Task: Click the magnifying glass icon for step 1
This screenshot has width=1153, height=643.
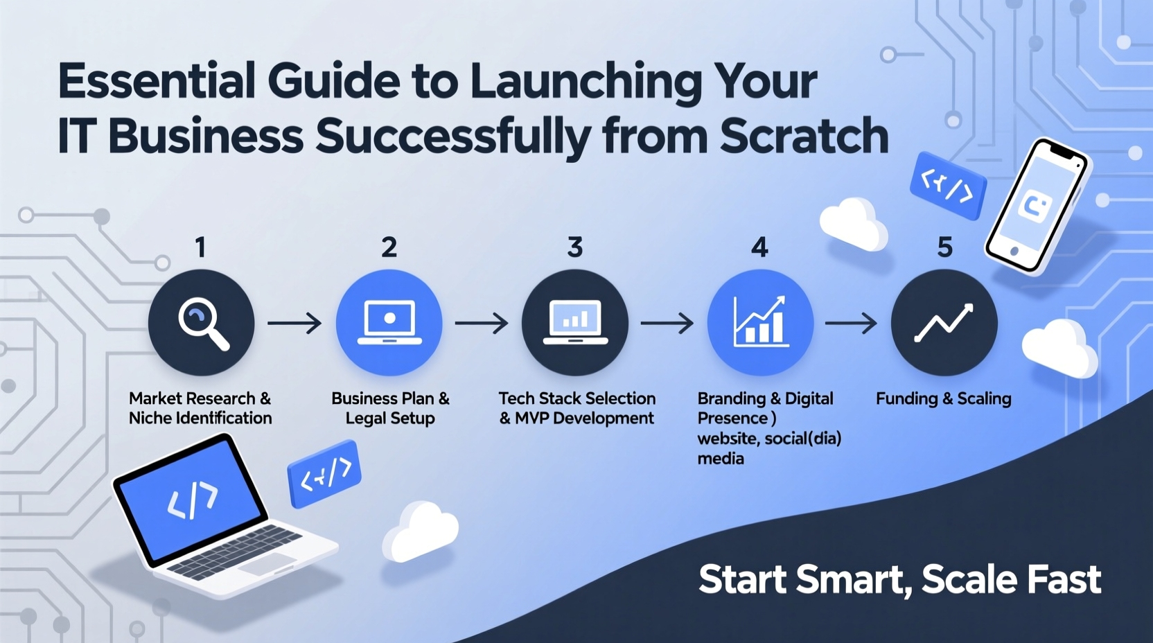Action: [202, 322]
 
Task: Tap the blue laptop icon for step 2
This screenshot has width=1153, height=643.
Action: [389, 322]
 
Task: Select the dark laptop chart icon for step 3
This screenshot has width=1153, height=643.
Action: [575, 322]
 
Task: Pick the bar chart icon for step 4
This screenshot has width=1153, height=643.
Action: [760, 322]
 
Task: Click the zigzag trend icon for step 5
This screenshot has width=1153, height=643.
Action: [944, 322]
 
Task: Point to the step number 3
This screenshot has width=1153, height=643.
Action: [575, 247]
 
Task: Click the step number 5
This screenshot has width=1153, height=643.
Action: [945, 247]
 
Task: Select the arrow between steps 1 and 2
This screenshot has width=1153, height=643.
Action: [294, 323]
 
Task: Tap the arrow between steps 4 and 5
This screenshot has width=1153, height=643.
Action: [851, 323]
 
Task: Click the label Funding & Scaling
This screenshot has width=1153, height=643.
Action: [944, 398]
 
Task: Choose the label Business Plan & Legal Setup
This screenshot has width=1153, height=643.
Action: [390, 408]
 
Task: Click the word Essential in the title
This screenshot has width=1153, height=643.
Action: [157, 81]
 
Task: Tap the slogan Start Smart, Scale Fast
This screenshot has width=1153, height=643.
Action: [899, 579]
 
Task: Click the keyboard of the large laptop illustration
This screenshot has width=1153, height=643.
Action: [236, 550]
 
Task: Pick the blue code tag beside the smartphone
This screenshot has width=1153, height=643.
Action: [947, 186]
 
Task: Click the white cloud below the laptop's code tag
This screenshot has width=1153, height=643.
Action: [420, 532]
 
